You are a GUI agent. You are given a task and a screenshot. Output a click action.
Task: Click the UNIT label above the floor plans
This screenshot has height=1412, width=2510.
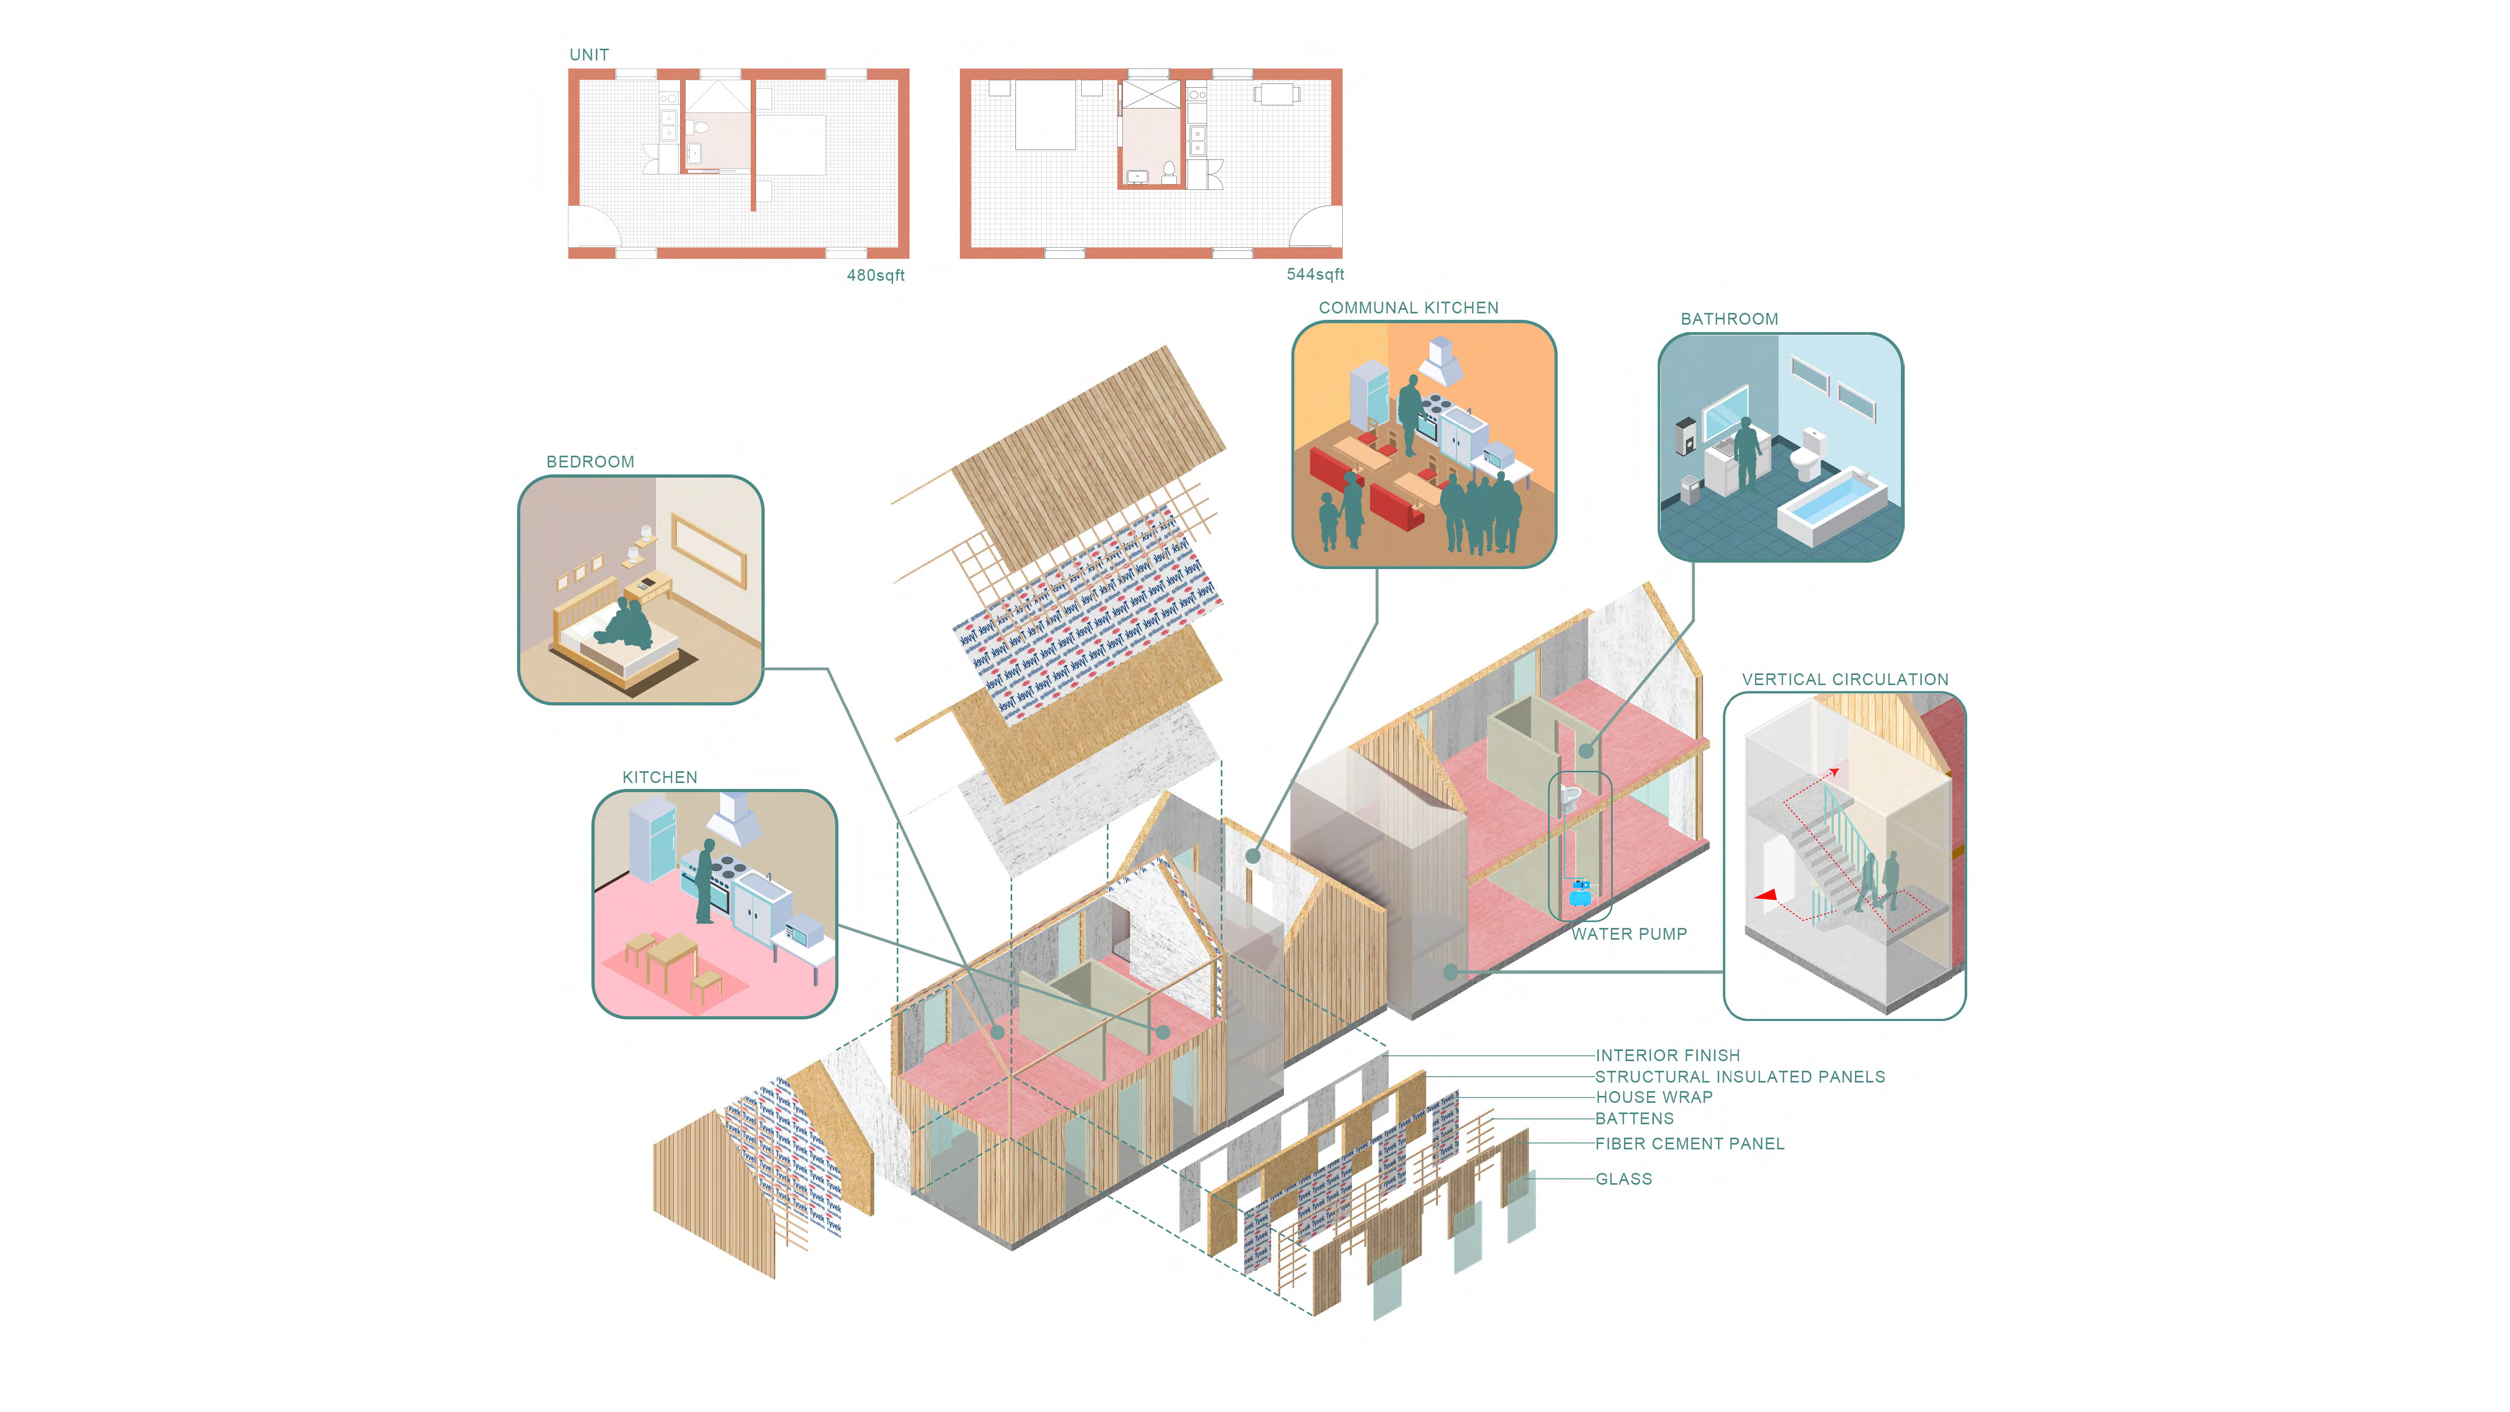[589, 55]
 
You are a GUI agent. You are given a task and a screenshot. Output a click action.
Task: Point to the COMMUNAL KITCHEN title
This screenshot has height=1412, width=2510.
[1408, 308]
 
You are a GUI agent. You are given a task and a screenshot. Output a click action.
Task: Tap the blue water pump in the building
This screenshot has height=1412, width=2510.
[1580, 891]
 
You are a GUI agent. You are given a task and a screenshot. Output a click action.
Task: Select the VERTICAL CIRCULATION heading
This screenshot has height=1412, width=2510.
[1844, 679]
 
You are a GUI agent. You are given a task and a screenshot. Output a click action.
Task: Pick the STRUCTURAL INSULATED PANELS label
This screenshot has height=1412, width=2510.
[1739, 1077]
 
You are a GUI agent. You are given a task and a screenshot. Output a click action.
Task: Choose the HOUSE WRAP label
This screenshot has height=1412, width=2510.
[1653, 1098]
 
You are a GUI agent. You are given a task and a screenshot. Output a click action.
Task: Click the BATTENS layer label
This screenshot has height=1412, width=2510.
[1634, 1119]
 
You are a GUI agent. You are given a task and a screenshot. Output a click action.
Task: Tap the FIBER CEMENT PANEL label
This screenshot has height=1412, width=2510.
[1690, 1144]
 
